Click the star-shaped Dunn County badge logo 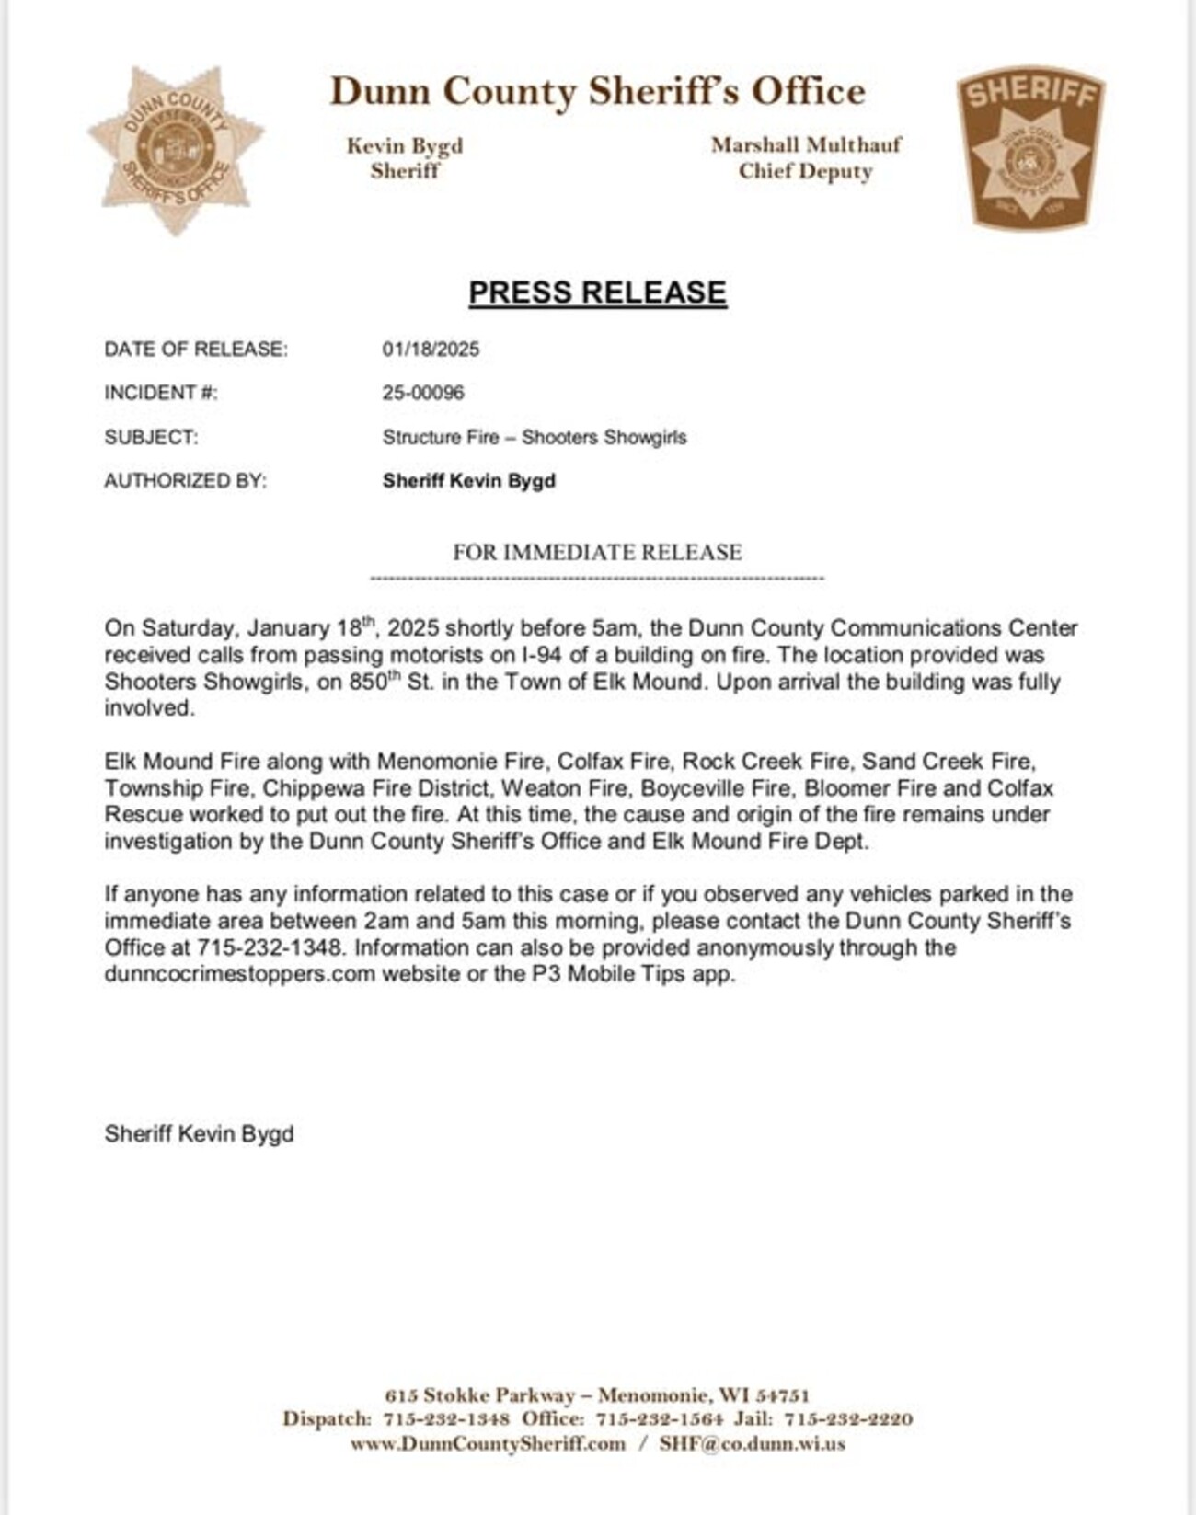coord(176,148)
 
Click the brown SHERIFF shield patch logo coord(1029,147)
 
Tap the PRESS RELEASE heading coord(597,293)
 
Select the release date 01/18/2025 coord(431,350)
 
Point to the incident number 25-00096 coord(423,393)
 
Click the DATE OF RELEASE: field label coord(196,350)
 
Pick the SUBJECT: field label coord(151,437)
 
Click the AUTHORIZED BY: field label coord(185,481)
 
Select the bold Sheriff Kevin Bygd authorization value coord(468,481)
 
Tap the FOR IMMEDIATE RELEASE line coord(597,552)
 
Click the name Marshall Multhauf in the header coord(806,144)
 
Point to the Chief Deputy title coord(805,171)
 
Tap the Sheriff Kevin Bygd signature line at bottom coord(199,1133)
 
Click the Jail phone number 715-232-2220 coord(848,1419)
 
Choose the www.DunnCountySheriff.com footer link coord(488,1444)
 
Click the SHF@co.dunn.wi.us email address coord(752,1444)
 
